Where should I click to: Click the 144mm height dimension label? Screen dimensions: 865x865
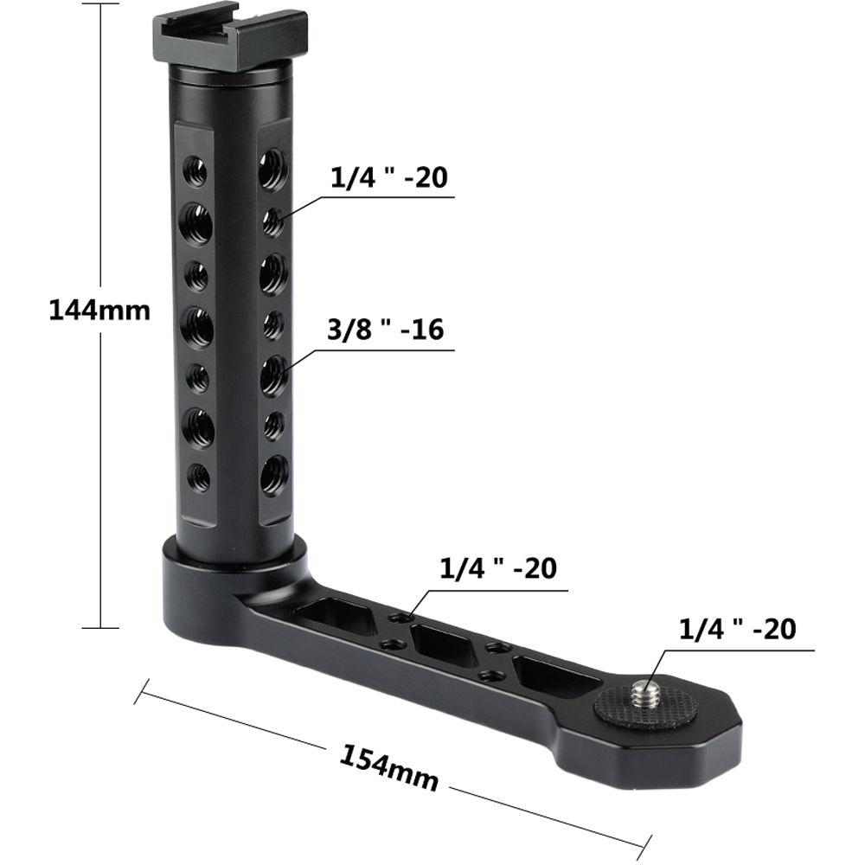pos(99,309)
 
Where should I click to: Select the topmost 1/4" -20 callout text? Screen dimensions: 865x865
pos(388,178)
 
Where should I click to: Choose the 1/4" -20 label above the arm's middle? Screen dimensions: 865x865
pos(497,568)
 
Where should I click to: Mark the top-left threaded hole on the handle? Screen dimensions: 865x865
pos(195,171)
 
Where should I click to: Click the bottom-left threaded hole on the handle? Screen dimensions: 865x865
pos(199,475)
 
